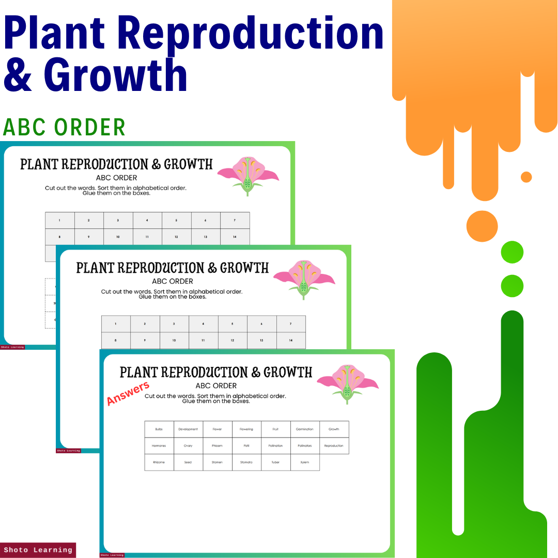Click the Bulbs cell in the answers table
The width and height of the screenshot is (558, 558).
[x=159, y=429]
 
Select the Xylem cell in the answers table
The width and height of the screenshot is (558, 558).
[x=305, y=462]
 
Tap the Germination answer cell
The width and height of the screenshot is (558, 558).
[x=305, y=429]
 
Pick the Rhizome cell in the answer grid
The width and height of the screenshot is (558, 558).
[x=159, y=462]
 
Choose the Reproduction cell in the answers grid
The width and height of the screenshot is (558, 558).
[x=334, y=446]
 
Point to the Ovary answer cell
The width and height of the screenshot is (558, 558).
[x=188, y=446]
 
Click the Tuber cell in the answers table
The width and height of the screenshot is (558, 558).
[x=275, y=462]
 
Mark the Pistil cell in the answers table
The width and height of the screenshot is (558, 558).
[x=246, y=446]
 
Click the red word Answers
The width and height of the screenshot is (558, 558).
[x=128, y=393]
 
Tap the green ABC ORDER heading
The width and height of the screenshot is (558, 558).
[x=64, y=127]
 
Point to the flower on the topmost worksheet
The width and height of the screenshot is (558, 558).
[x=248, y=176]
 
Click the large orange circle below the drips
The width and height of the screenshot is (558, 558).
[x=482, y=226]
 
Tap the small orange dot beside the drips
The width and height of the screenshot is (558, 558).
[x=526, y=177]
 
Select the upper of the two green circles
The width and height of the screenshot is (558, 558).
[x=512, y=252]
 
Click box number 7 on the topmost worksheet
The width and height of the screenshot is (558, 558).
[x=235, y=221]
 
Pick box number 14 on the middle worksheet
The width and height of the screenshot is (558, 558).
[x=290, y=340]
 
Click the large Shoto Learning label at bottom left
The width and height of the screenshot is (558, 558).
[x=38, y=550]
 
